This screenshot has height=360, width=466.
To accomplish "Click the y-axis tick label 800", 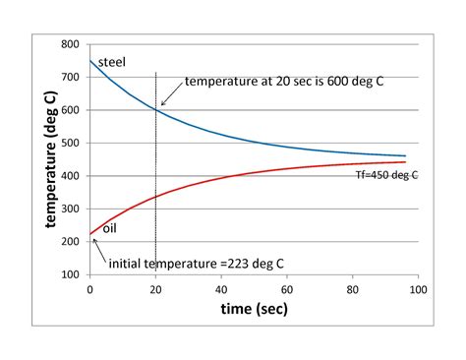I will [x=70, y=45].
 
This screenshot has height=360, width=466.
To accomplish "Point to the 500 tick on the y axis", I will [x=70, y=144].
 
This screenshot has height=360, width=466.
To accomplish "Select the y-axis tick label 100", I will [x=70, y=274].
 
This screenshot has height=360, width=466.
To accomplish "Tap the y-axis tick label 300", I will [x=70, y=209].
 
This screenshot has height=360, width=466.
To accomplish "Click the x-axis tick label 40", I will [x=221, y=290].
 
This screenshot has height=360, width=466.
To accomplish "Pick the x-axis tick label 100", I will [x=418, y=290].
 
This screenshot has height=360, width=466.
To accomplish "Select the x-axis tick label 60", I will [x=287, y=290].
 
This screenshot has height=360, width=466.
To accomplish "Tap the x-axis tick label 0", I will [x=89, y=290].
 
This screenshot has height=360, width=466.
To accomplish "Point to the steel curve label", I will [x=111, y=63].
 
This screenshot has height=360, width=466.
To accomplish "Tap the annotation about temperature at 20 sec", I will [x=283, y=82].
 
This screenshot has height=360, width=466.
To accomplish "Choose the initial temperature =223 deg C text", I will [x=187, y=263].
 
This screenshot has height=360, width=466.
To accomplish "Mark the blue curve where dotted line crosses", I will [x=155, y=110].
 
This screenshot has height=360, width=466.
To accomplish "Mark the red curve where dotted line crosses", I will [x=155, y=197].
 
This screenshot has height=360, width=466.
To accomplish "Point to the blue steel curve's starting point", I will [x=90, y=61].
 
